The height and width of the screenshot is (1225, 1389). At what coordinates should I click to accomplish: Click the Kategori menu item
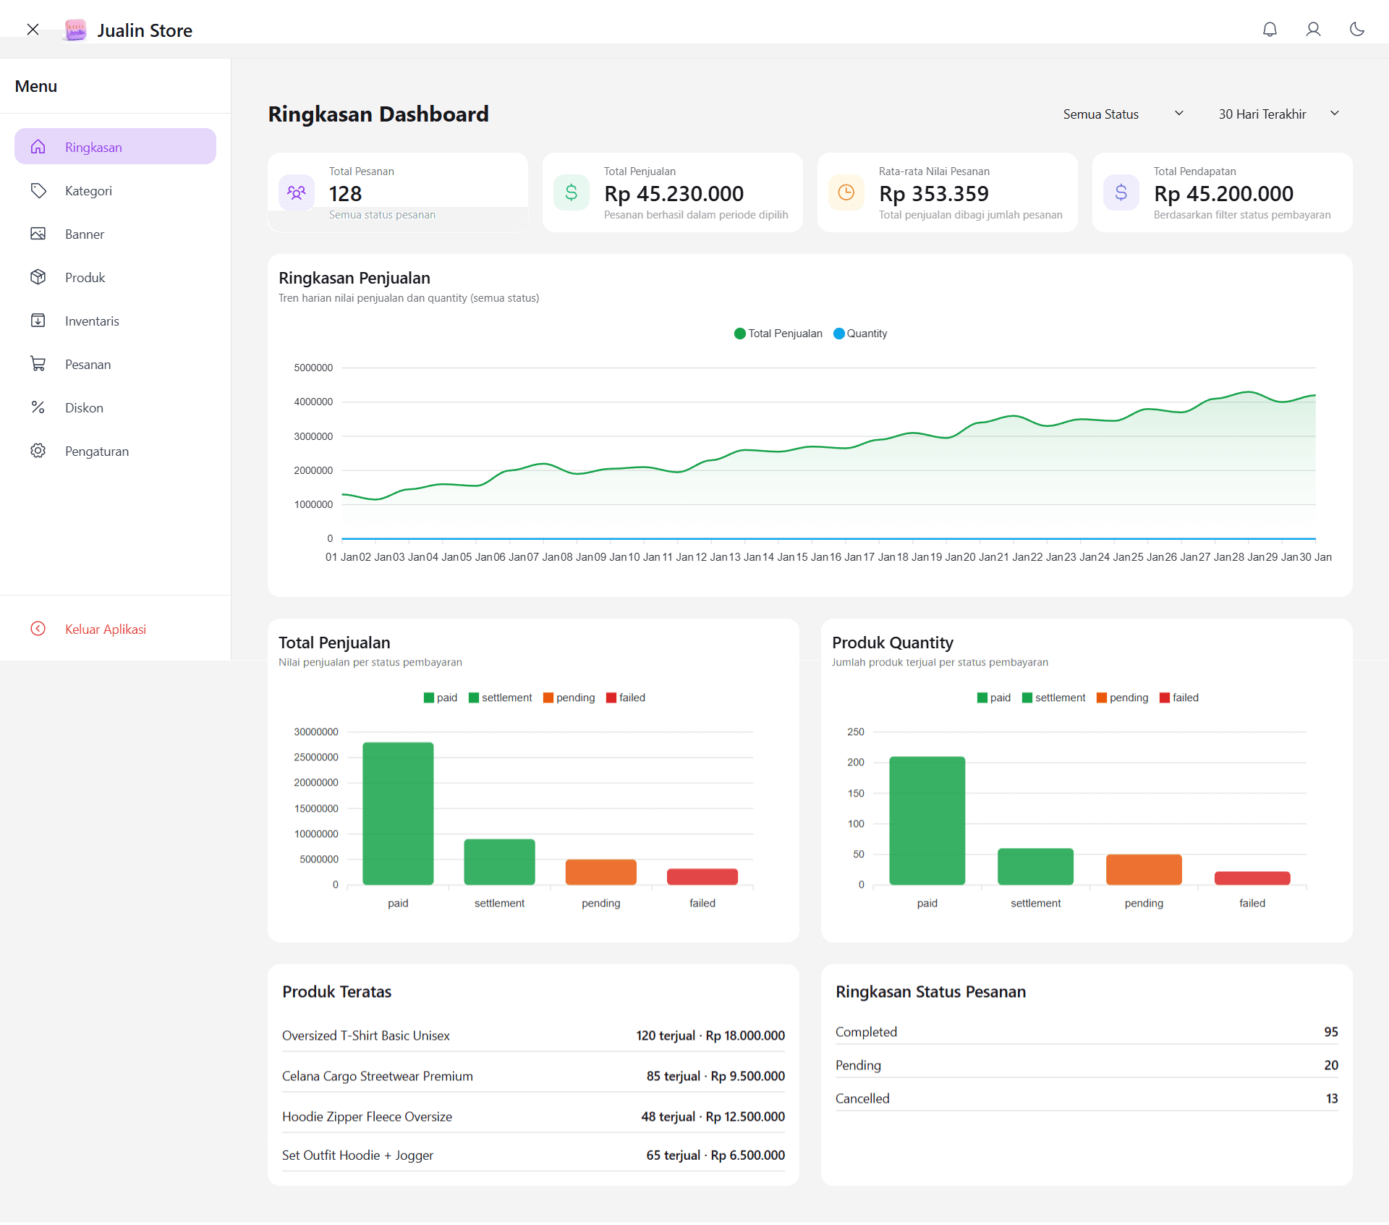click(88, 191)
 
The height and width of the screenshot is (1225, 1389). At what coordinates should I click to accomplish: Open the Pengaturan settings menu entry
click(96, 452)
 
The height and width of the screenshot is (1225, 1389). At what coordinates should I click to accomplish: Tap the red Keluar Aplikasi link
click(105, 630)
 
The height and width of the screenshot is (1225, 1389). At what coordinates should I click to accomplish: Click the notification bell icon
click(1270, 30)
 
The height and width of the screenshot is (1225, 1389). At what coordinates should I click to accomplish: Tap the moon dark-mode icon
click(1356, 30)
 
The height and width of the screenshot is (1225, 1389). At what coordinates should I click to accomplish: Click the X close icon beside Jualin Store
click(33, 30)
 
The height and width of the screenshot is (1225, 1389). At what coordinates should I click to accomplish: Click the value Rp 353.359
click(933, 194)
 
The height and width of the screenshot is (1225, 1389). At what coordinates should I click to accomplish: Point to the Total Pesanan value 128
click(345, 194)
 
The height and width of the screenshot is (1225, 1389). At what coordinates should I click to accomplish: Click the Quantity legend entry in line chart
click(860, 334)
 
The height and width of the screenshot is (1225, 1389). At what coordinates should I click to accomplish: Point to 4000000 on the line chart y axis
click(313, 402)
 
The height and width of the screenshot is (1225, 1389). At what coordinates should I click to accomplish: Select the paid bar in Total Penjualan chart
click(398, 813)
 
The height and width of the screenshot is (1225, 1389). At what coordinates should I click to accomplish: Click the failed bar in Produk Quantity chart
click(1252, 878)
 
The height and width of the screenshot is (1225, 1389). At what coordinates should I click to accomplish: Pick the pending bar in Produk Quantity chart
click(1143, 869)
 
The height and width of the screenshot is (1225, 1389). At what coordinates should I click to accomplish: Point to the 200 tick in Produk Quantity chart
click(856, 763)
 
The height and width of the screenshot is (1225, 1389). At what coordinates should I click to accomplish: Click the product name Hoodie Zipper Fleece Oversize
click(367, 1116)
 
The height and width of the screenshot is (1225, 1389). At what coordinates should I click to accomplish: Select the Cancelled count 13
click(1331, 1098)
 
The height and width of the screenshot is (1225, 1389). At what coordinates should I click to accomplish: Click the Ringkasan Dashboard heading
click(378, 114)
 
